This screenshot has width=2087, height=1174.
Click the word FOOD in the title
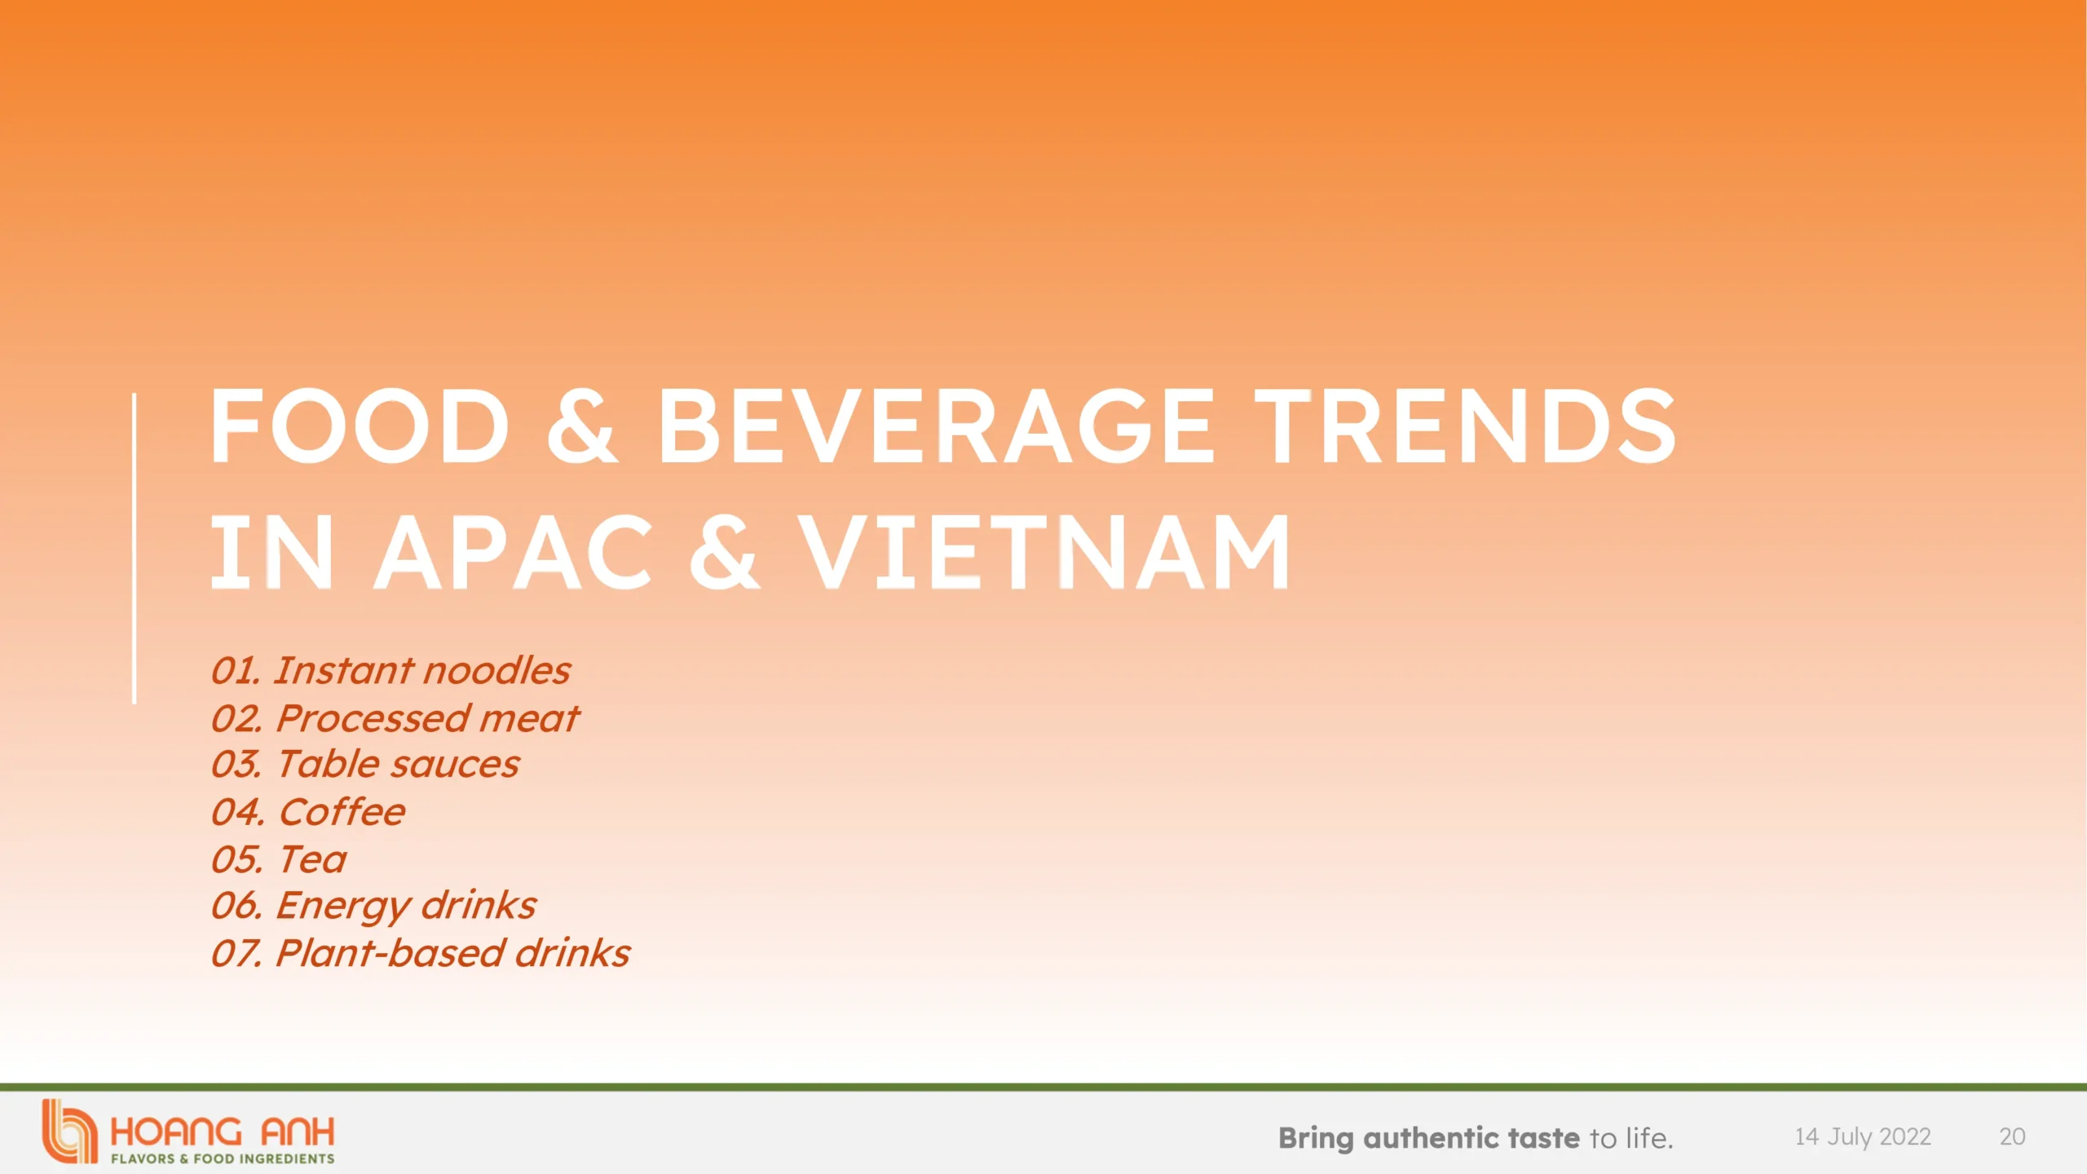tap(360, 425)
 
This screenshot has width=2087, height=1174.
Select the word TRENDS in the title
tap(1465, 425)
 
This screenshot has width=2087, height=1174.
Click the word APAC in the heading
tap(514, 552)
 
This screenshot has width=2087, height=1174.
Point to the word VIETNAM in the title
tap(1044, 552)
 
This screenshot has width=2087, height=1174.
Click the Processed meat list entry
tap(427, 718)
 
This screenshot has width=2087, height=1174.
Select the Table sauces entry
tap(398, 765)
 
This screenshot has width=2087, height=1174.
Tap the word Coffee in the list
tap(342, 812)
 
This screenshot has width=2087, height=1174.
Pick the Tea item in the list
tap(312, 859)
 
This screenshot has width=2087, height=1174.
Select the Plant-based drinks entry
tap(452, 953)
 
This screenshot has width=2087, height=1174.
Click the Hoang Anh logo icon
tap(69, 1132)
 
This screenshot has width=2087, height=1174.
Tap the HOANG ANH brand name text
tap(222, 1132)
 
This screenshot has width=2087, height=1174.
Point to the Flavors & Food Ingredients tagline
tap(223, 1159)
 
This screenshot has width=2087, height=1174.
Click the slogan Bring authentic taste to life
tap(1476, 1137)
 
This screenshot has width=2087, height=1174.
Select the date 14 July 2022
tap(1863, 1136)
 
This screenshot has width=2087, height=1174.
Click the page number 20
tap(2012, 1136)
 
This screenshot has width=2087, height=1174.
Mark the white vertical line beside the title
tap(135, 548)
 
